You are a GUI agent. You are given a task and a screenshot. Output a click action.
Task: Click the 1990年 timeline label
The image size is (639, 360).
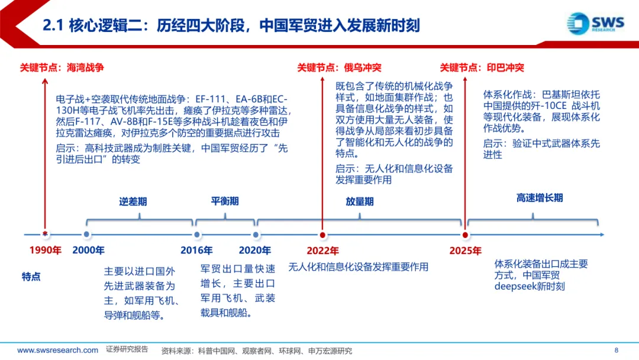click(x=46, y=250)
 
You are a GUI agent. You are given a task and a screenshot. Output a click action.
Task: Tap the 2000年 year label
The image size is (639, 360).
click(x=89, y=250)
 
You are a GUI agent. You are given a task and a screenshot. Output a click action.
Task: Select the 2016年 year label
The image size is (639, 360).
click(x=196, y=250)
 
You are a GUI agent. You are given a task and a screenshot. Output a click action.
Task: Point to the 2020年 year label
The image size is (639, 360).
click(x=255, y=250)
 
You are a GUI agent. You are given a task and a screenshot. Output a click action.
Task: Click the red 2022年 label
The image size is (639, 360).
click(x=322, y=250)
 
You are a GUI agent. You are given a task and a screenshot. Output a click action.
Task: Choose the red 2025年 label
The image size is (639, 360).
click(x=465, y=250)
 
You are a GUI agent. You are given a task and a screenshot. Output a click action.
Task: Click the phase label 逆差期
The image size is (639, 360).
click(x=133, y=201)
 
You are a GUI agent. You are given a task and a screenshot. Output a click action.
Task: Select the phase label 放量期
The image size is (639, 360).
click(x=360, y=201)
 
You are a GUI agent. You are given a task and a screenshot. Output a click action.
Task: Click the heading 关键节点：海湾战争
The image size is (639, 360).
click(x=62, y=67)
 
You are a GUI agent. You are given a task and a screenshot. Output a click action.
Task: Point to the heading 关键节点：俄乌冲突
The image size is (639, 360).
click(x=339, y=67)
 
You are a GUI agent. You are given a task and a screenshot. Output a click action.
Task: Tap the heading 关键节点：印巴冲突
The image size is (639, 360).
click(x=482, y=67)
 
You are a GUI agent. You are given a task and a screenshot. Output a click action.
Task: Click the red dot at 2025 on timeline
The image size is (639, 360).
click(x=465, y=235)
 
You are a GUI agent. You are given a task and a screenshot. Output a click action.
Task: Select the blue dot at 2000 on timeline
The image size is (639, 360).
click(x=87, y=235)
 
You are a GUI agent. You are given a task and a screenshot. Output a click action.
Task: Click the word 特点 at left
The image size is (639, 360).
click(x=31, y=276)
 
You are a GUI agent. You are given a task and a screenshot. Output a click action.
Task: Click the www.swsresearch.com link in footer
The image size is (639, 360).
click(x=57, y=350)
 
